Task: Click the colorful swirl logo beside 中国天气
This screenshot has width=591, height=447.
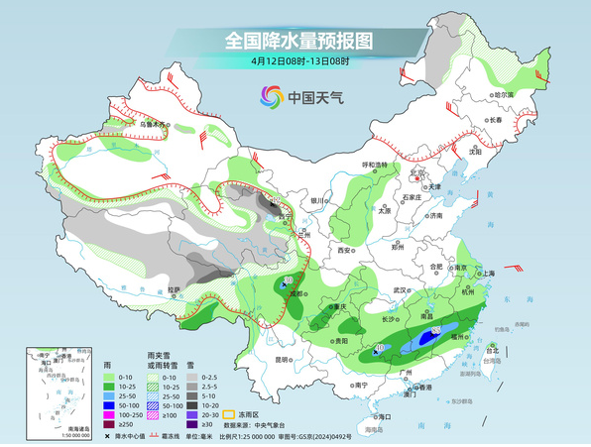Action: tap(271, 96)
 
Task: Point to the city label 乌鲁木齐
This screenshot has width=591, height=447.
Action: tap(155, 125)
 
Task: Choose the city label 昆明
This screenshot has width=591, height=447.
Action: tap(286, 360)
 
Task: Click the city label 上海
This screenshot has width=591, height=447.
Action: tap(487, 273)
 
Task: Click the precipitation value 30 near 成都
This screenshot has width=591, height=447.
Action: tap(289, 282)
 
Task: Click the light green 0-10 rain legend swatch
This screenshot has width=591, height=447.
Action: tap(111, 378)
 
